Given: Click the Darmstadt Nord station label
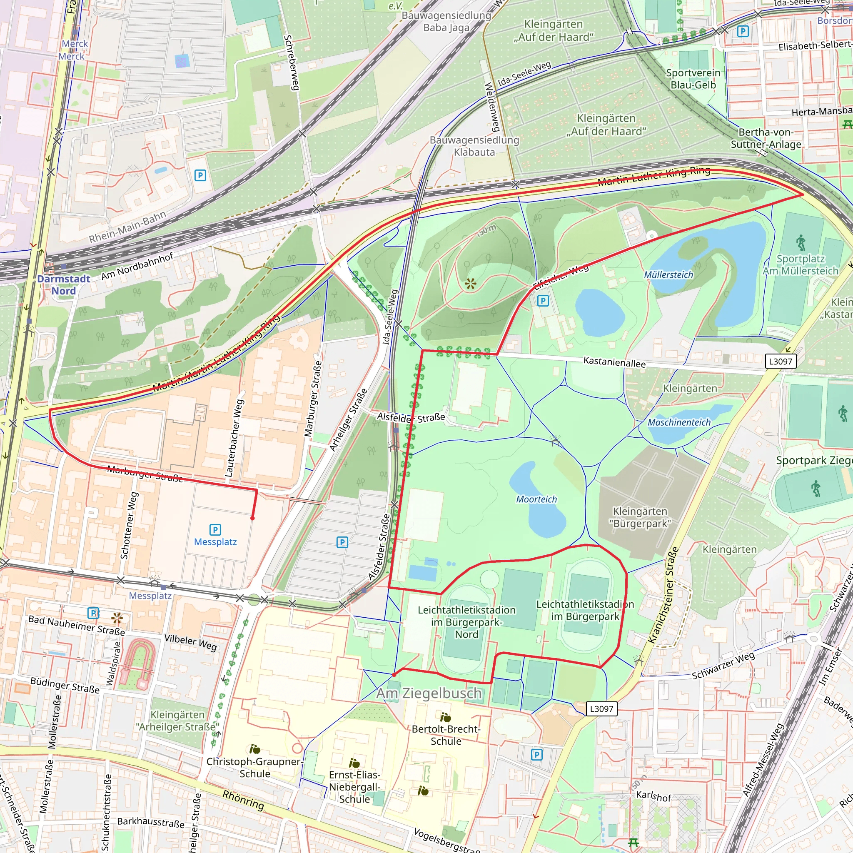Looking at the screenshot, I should [64, 285].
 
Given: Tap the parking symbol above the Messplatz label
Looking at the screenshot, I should [215, 529].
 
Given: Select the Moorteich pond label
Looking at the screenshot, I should [536, 499].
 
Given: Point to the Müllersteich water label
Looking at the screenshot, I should [668, 275].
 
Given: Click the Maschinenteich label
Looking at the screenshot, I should [678, 422].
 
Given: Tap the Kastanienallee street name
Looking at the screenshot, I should [614, 362].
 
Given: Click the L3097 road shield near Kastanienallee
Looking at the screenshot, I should [780, 361].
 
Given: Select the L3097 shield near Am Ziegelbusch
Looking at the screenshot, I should [601, 708].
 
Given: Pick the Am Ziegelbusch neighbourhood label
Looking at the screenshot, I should [429, 693].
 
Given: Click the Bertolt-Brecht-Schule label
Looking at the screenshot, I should [446, 735].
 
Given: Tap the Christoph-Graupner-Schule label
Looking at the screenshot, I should [255, 767].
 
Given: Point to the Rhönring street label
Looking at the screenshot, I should [243, 800].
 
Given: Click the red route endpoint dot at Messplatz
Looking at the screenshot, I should [252, 518].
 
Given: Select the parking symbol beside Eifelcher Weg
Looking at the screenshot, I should [543, 301].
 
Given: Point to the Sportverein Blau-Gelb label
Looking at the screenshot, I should [693, 79].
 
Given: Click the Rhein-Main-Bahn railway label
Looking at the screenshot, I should [127, 227].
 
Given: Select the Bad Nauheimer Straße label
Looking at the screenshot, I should [76, 625].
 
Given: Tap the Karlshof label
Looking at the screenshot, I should [653, 796].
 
